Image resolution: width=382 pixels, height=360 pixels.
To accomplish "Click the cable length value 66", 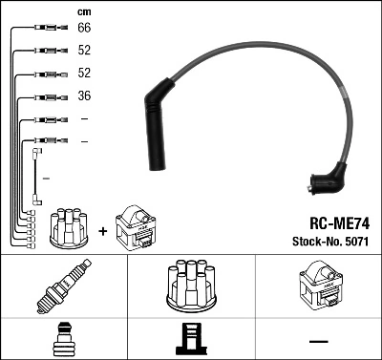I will [x=84, y=30].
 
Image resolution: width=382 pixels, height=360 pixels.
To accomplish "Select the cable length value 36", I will [x=84, y=96].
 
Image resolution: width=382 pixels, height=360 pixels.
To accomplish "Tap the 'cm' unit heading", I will [x=83, y=11].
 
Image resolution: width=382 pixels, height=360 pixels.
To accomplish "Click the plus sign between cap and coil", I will [x=101, y=230].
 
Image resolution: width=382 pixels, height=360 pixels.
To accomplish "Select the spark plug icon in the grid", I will [x=63, y=287].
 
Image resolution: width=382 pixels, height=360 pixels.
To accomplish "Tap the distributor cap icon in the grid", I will [x=190, y=286].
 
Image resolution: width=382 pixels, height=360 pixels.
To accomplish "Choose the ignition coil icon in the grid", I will [x=318, y=286].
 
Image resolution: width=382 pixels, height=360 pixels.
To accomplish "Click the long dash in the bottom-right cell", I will [x=318, y=341].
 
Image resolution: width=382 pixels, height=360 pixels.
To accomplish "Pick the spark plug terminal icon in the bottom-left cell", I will [x=63, y=339].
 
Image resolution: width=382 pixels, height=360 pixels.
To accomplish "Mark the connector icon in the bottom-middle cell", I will [x=190, y=339].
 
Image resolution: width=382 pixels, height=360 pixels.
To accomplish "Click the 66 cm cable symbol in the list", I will [x=46, y=30].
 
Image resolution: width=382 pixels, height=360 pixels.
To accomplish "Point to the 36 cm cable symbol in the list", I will [x=46, y=96].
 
